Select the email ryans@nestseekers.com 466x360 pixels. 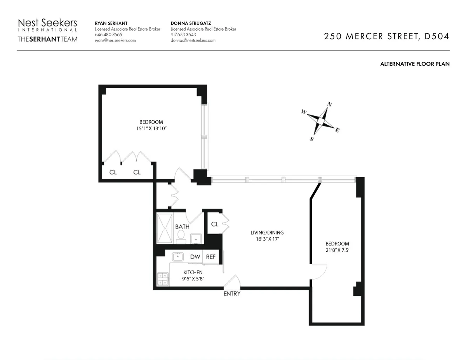(x=115, y=40)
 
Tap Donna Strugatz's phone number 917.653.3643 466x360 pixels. (x=183, y=35)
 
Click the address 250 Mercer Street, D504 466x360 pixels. (x=387, y=37)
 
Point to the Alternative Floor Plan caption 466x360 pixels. (x=415, y=64)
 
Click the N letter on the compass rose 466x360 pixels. (x=330, y=104)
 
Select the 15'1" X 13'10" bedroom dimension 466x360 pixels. (x=151, y=128)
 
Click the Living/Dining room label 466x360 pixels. (x=267, y=233)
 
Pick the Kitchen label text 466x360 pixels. (x=193, y=273)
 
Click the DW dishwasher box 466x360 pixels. (x=195, y=257)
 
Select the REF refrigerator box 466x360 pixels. (x=211, y=257)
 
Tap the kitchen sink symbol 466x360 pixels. (x=179, y=256)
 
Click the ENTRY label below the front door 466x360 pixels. (x=232, y=294)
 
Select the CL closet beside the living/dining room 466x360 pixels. (x=214, y=224)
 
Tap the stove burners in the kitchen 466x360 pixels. (x=162, y=279)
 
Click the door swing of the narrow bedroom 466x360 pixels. (x=319, y=271)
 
